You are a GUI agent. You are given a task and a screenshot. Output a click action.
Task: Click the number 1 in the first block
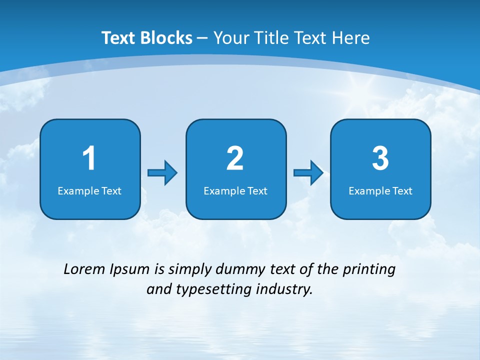pos(89,158)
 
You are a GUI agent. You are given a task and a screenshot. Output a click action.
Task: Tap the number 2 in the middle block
pos(235,158)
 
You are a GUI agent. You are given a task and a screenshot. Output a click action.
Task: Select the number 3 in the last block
pos(380,158)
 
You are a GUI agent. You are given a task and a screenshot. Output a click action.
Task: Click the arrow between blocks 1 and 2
pos(162,173)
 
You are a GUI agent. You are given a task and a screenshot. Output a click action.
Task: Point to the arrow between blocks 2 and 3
pos(308,173)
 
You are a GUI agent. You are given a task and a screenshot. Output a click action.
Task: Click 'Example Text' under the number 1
pos(89,190)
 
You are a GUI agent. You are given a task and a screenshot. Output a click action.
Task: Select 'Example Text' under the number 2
pos(235,190)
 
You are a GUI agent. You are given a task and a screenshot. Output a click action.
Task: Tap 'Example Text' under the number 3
pos(380,190)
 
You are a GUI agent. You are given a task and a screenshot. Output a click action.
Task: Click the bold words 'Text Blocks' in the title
pos(147,38)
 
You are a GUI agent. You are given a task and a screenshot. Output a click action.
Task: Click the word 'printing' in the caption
pos(369,269)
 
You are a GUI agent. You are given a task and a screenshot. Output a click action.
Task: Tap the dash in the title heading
pos(203,38)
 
